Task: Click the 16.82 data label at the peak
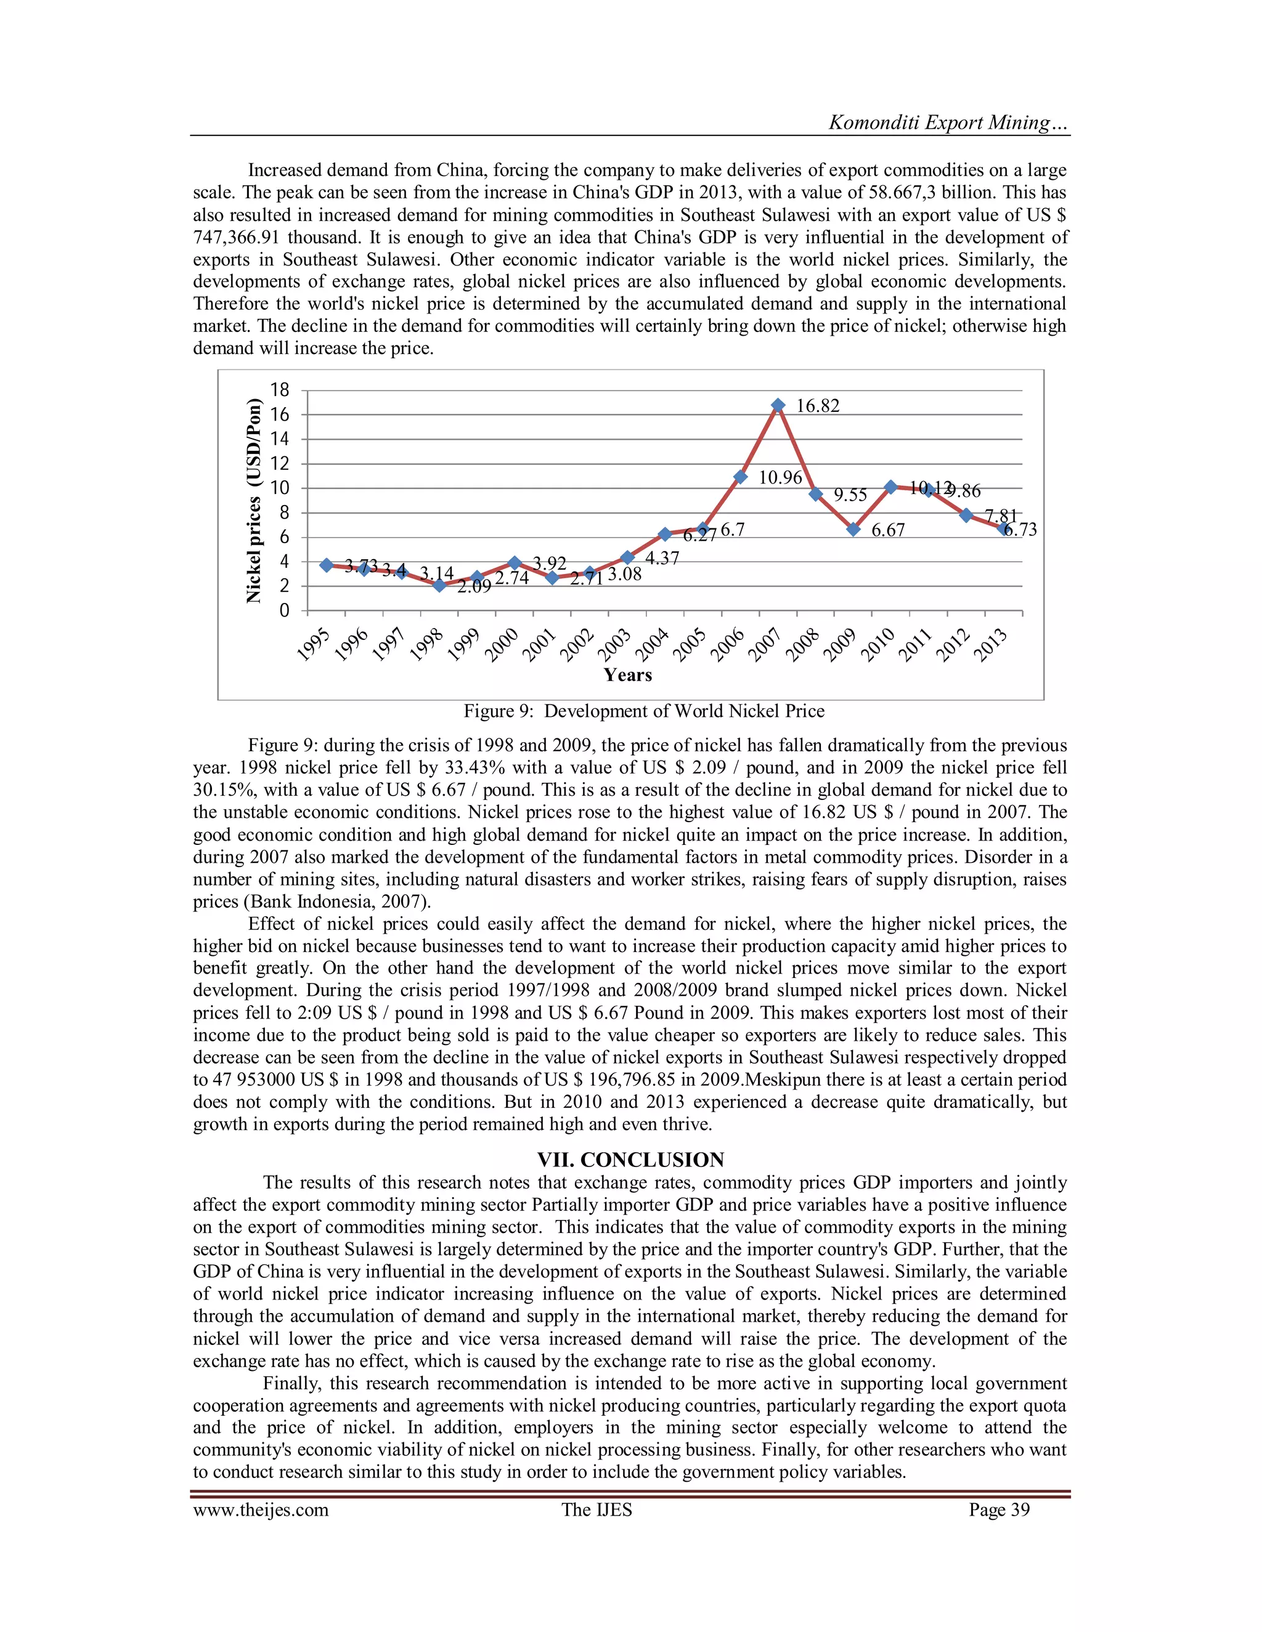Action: [817, 406]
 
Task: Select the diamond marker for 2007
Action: [778, 406]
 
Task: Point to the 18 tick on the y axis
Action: [279, 389]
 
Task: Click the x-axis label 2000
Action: [502, 645]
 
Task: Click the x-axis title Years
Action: [627, 675]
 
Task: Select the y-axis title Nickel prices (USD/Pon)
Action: [255, 501]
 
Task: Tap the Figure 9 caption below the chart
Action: [644, 711]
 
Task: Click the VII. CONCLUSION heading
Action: [630, 1160]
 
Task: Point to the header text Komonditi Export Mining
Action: [948, 123]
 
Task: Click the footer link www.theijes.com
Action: [260, 1509]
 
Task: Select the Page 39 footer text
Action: [999, 1509]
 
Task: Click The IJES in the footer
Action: [596, 1509]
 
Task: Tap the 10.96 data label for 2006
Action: [780, 477]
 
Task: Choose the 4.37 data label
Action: [662, 558]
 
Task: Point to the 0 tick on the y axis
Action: [284, 610]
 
